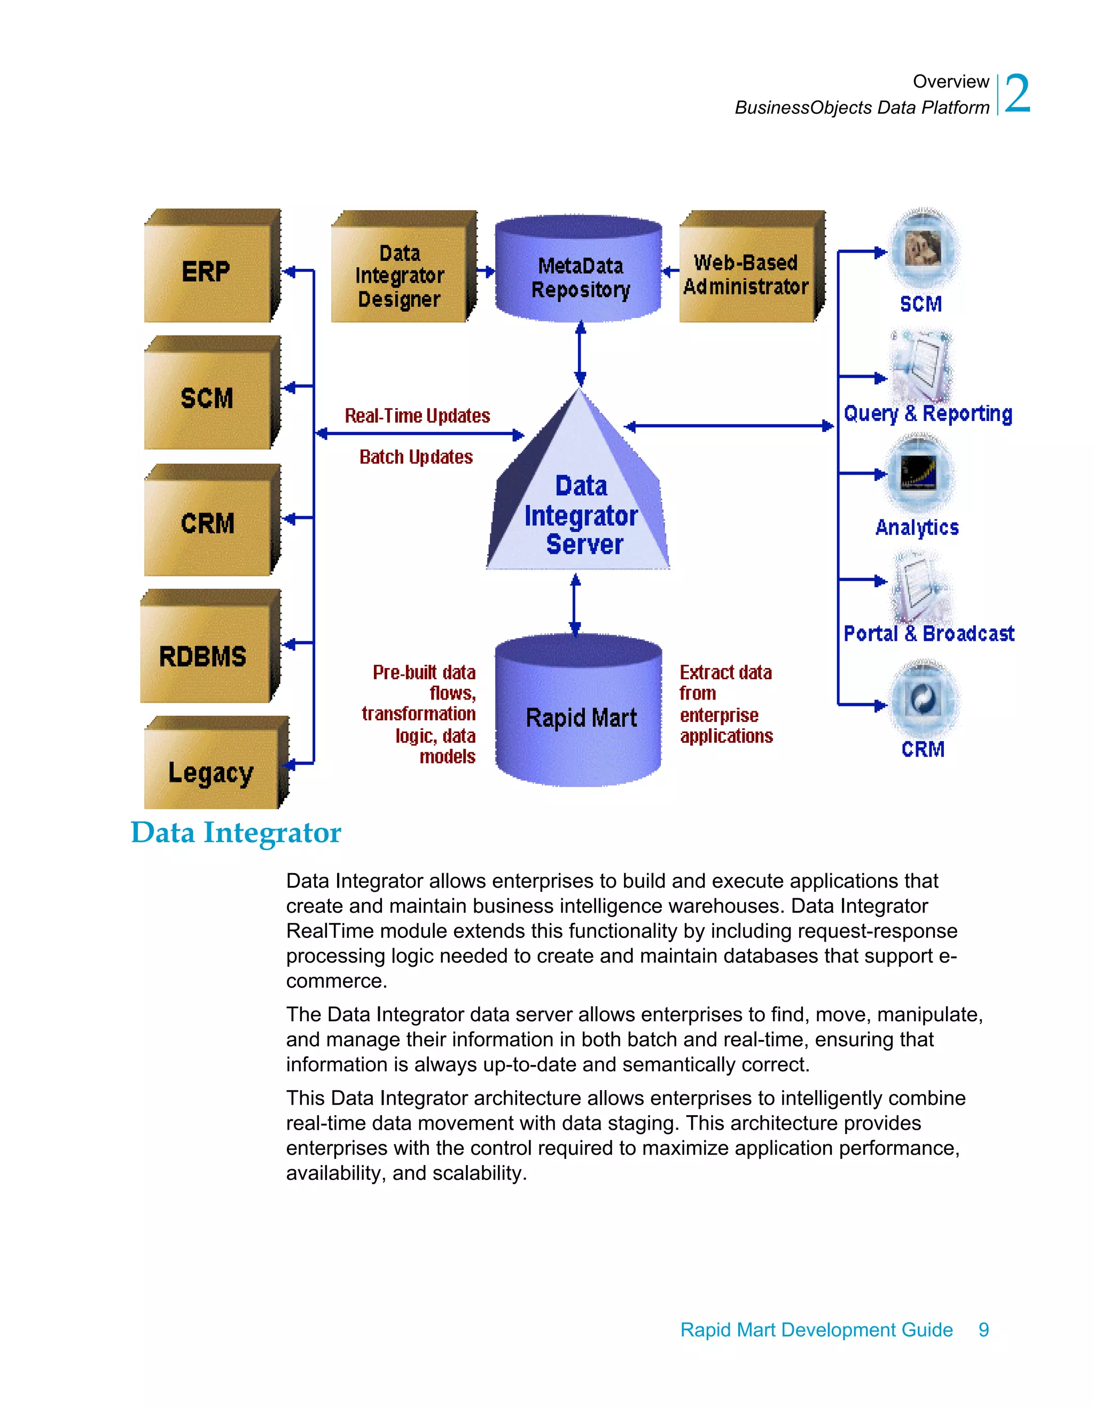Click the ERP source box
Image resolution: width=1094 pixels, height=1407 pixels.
click(207, 270)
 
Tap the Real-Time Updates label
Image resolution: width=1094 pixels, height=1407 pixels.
click(417, 416)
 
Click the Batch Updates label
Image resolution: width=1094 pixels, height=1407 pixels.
click(416, 457)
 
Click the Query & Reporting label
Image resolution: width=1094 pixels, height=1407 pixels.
click(927, 414)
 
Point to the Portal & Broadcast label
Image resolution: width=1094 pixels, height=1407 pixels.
click(928, 634)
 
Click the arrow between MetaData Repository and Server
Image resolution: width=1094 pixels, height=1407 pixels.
click(580, 354)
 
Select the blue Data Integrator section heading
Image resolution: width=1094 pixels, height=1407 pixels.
click(236, 833)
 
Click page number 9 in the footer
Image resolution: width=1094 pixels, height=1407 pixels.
click(983, 1330)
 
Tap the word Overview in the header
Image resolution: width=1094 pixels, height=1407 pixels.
click(950, 82)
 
